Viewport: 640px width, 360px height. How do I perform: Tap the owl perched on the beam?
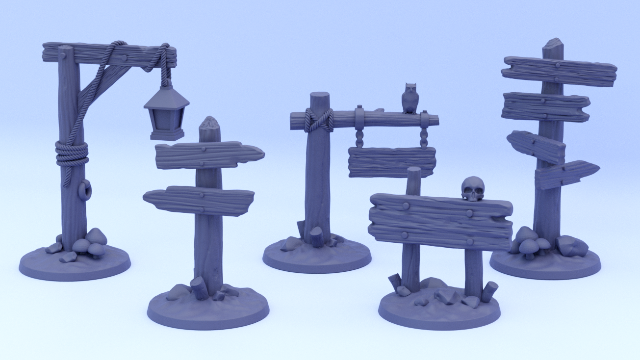pos(410,98)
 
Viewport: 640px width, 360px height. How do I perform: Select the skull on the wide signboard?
pos(473,189)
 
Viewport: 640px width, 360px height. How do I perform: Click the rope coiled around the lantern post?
pos(72,153)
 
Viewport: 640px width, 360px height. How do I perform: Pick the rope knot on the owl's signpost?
pos(319,120)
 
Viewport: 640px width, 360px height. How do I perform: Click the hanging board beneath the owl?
pos(391,162)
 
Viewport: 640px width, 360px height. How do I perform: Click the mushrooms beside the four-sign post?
pos(530,242)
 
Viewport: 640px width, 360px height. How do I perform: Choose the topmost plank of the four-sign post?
pos(559,71)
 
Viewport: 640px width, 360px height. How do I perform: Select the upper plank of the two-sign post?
pos(208,155)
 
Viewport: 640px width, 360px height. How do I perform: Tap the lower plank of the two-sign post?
pos(199,200)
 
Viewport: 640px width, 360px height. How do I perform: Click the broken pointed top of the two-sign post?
pos(209,123)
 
